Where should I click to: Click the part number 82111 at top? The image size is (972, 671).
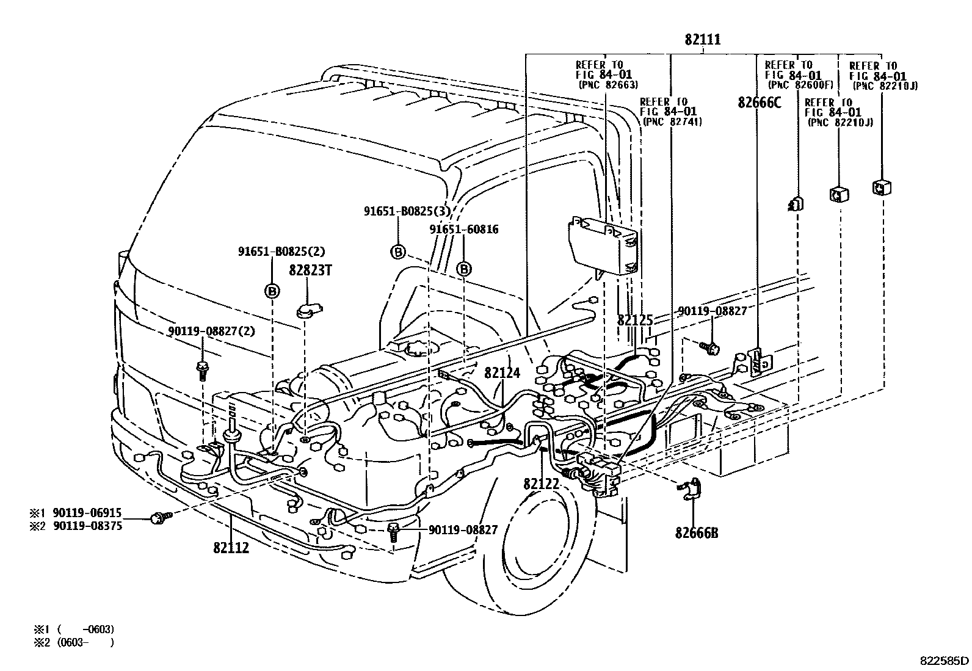[702, 40]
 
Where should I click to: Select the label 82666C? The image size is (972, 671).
[759, 103]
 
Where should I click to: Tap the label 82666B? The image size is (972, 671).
[696, 533]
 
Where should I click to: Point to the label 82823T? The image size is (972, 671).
[310, 270]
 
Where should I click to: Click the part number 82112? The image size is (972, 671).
[231, 548]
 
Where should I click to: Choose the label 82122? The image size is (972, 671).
[541, 484]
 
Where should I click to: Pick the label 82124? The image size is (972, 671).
[502, 372]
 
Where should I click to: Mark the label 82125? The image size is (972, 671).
[635, 320]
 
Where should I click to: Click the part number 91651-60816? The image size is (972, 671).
[463, 230]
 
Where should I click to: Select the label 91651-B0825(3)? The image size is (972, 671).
[407, 211]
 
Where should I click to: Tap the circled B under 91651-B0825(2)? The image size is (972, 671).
[272, 291]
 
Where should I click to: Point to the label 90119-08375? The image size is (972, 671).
[87, 526]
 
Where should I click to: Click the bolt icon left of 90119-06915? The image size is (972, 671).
[159, 518]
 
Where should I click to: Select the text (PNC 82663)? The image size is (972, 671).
[608, 85]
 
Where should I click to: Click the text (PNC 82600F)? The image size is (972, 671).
[797, 85]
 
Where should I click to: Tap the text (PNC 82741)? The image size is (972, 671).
[672, 122]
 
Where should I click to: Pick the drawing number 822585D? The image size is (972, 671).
[945, 660]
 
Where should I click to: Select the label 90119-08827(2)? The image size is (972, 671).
[211, 331]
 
